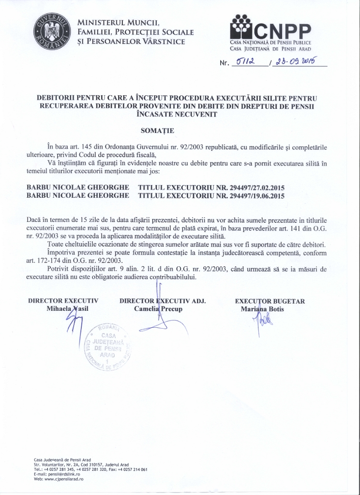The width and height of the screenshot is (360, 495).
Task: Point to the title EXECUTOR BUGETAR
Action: (270, 301)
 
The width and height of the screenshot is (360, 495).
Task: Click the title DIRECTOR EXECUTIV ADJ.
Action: (163, 301)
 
